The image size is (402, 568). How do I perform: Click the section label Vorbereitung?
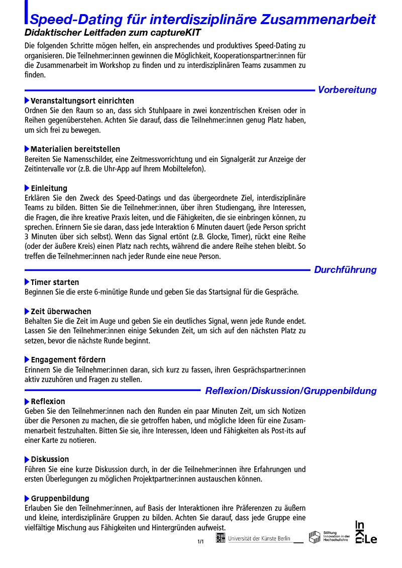tap(347, 90)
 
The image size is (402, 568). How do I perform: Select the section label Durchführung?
tap(345, 270)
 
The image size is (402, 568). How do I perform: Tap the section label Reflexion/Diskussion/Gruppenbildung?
tap(290, 391)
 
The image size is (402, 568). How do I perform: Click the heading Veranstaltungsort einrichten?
tap(82, 101)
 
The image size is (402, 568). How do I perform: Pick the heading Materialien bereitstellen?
tap(75, 149)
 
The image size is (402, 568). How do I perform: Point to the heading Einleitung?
tap(49, 188)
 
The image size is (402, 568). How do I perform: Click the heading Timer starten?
tap(55, 282)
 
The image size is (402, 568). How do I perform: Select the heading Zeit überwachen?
tap(61, 312)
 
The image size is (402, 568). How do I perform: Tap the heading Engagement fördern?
tap(68, 360)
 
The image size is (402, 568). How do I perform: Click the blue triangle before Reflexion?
tap(27, 402)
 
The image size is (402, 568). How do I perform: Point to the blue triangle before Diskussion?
tap(27, 459)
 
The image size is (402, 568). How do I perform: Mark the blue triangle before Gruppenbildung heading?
tap(27, 499)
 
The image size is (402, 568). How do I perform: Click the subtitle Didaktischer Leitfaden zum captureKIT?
tap(113, 33)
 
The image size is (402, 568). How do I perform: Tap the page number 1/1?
tap(200, 541)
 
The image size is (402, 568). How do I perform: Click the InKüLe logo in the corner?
tap(366, 532)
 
